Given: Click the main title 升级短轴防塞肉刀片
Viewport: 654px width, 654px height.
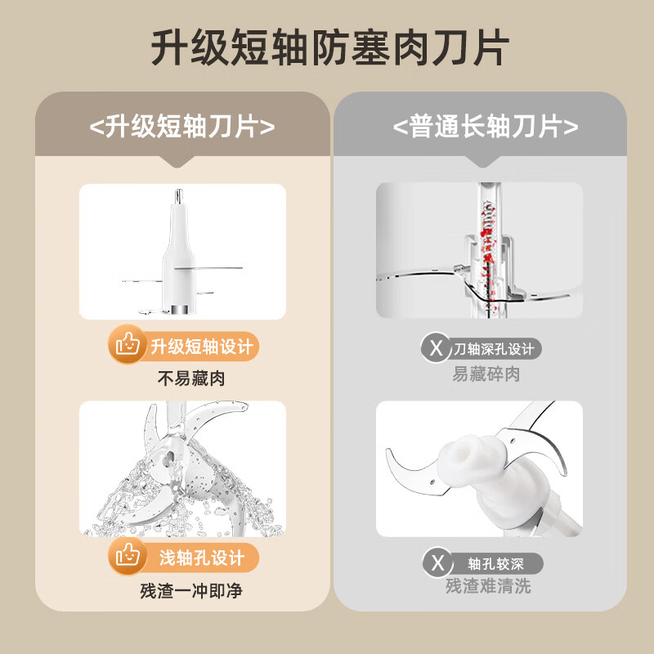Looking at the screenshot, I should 327,47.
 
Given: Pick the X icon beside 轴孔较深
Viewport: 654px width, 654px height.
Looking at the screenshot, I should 437,563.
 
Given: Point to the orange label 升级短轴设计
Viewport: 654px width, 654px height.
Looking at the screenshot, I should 202,347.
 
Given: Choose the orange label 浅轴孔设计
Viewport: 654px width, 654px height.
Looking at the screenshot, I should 202,559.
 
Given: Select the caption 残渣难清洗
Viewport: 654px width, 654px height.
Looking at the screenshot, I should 487,587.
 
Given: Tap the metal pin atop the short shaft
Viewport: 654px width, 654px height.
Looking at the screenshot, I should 177,196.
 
